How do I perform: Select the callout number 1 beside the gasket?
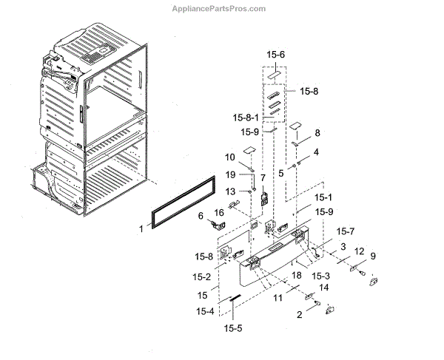click(x=141, y=229)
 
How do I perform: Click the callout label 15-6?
click(x=276, y=55)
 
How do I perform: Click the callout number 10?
click(x=229, y=157)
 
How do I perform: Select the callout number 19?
click(x=230, y=175)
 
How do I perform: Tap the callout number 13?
click(x=230, y=192)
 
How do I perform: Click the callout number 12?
click(x=359, y=252)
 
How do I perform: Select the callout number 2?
click(x=299, y=314)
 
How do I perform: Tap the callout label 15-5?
click(x=233, y=327)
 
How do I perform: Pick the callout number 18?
click(x=296, y=275)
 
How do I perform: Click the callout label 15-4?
click(x=205, y=310)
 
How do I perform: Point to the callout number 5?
click(x=281, y=172)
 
